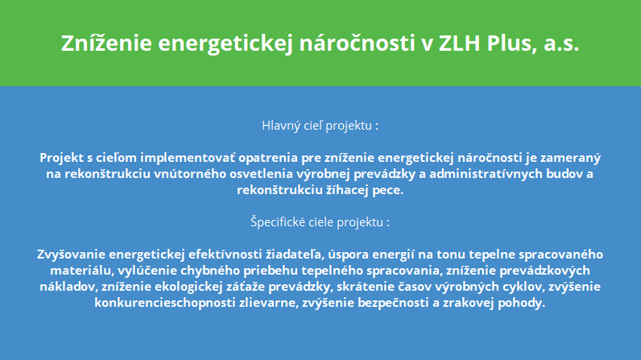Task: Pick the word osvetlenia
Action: click(262, 174)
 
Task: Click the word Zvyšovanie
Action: click(72, 254)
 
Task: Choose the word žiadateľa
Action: click(296, 254)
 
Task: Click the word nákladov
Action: click(69, 287)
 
